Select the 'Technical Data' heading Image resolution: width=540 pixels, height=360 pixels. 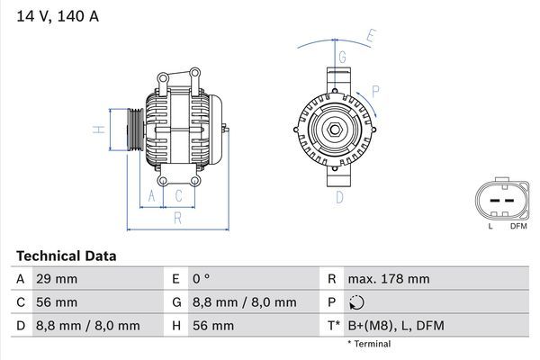click(x=66, y=256)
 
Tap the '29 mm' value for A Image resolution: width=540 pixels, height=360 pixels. click(x=56, y=280)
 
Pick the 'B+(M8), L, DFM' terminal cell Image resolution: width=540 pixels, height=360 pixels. click(x=396, y=326)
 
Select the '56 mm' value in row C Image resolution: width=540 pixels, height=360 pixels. click(x=56, y=302)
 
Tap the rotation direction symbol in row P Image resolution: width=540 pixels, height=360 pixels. click(x=357, y=303)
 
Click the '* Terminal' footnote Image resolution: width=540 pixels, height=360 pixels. click(x=370, y=344)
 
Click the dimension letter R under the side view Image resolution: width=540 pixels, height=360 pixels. click(x=178, y=217)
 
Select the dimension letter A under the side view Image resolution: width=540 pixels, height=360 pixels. click(x=151, y=195)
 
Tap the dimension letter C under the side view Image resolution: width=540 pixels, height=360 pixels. click(x=179, y=195)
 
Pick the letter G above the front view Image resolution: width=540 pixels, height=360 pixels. click(x=343, y=56)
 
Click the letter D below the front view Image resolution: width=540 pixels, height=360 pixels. click(x=340, y=196)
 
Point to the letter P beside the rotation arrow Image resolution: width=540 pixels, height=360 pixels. click(x=375, y=91)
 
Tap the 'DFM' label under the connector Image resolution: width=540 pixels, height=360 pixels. click(x=518, y=226)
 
